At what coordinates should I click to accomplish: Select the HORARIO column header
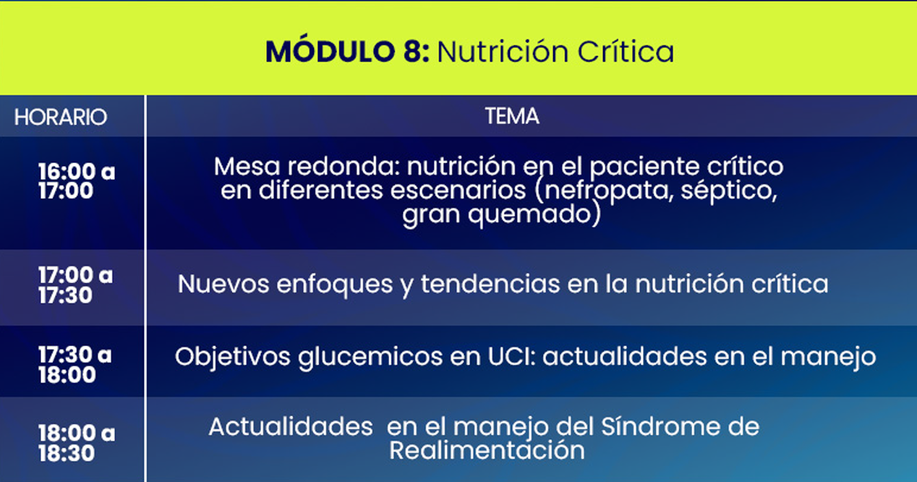tap(60, 117)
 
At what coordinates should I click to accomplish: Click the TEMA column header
tap(512, 116)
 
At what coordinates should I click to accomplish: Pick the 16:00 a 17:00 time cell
tap(77, 181)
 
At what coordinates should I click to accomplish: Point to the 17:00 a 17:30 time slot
tap(76, 285)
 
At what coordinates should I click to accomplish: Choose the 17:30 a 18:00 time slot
tap(75, 365)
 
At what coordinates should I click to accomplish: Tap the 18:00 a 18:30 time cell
tap(77, 443)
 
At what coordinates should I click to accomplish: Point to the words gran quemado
tap(497, 215)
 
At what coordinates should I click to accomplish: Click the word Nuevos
tap(223, 284)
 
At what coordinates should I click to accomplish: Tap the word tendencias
tap(491, 284)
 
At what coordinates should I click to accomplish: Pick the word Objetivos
tap(232, 357)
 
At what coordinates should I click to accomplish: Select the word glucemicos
tap(370, 357)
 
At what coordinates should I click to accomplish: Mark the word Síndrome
tap(660, 426)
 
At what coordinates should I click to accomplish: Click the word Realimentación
tap(487, 450)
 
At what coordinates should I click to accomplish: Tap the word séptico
tap(729, 191)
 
